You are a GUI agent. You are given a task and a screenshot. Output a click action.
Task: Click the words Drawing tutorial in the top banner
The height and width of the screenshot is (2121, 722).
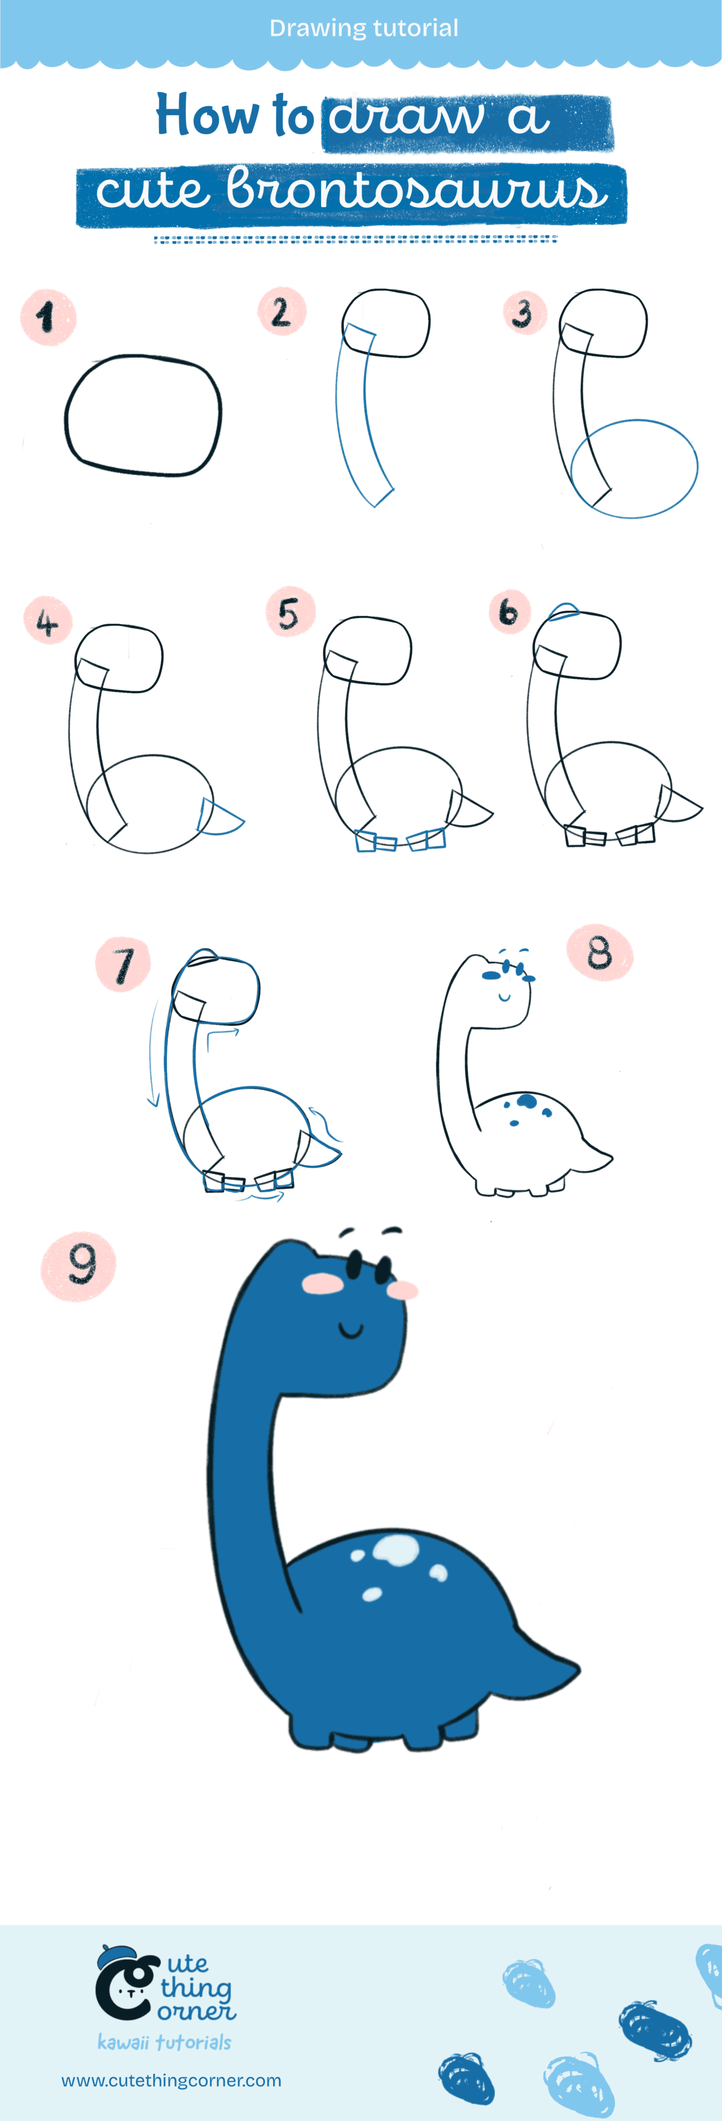click(x=363, y=28)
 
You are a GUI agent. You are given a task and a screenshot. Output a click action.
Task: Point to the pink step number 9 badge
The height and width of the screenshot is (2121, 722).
click(x=78, y=1265)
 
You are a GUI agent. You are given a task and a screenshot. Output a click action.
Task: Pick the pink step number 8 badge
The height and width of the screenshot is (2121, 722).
click(x=600, y=953)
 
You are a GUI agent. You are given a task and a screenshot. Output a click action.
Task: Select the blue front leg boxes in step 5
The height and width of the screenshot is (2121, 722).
click(x=375, y=842)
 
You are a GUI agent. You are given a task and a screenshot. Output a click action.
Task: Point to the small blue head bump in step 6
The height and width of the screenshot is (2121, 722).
click(x=564, y=610)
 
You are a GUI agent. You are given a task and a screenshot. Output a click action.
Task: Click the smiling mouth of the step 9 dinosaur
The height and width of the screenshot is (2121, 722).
click(x=351, y=1328)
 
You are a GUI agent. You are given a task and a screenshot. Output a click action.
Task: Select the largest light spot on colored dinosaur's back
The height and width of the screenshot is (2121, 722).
click(x=395, y=1549)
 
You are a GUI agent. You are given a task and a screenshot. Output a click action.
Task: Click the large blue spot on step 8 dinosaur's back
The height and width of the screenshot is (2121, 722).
click(x=525, y=1101)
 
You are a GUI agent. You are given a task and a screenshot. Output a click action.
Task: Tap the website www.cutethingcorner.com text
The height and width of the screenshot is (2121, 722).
click(x=171, y=2080)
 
